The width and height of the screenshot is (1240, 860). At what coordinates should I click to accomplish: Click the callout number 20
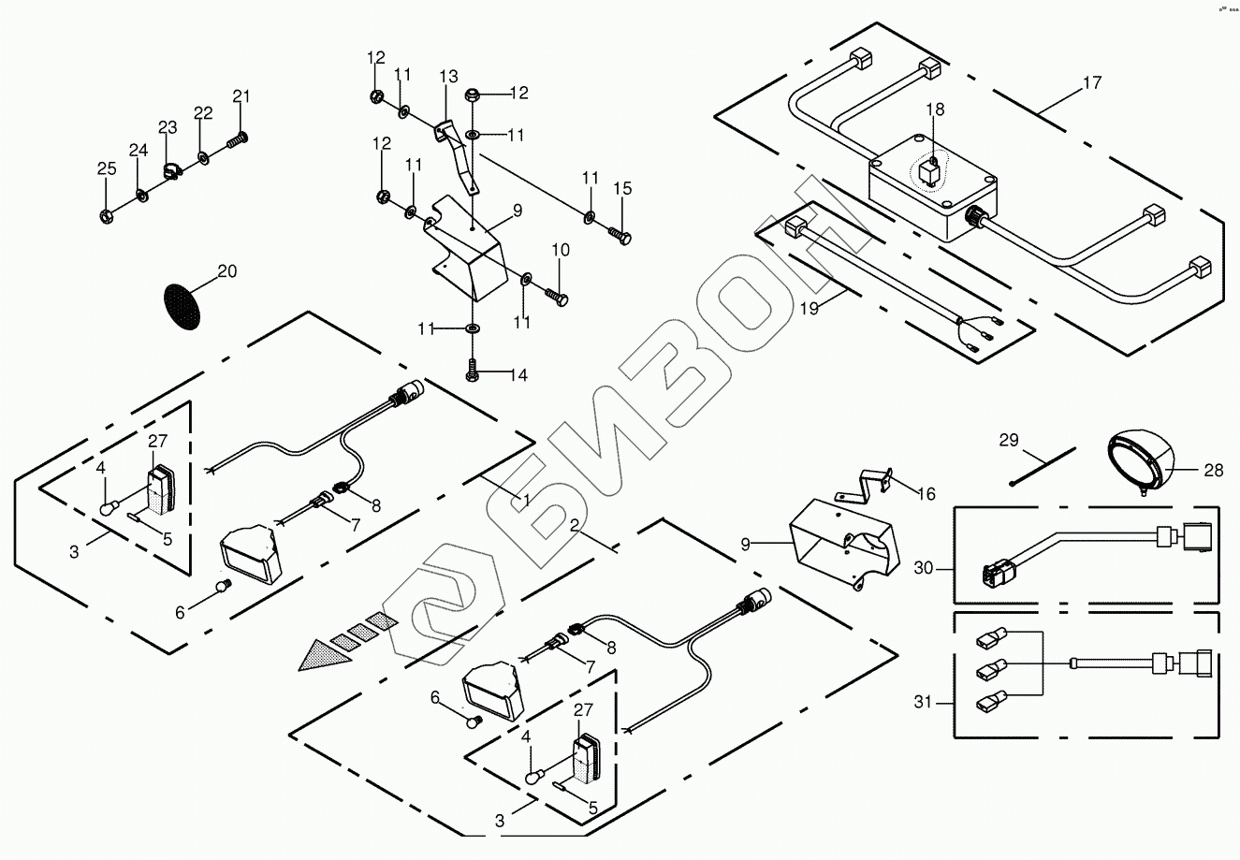coord(227,271)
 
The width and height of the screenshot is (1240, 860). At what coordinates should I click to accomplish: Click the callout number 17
coord(1091,83)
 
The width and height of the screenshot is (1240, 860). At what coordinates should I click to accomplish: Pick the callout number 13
coord(448,76)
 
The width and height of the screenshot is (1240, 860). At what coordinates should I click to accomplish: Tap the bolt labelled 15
coord(619,232)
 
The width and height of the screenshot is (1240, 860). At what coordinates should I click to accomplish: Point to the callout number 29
coord(1007,439)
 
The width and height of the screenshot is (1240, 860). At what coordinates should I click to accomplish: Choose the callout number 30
coord(925,567)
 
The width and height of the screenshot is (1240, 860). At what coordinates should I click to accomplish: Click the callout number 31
coord(923,702)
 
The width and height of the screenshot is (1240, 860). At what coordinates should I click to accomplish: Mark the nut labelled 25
coord(106,216)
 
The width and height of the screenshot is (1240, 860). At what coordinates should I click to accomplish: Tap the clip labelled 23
coord(171,170)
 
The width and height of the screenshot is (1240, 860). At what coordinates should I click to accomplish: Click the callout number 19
coord(810,305)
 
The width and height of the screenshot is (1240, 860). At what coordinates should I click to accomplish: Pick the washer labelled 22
coord(203,155)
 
